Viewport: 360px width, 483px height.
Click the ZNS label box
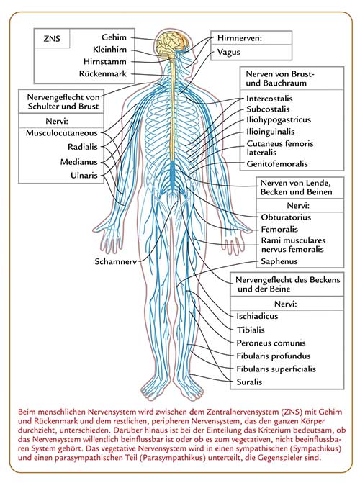52,38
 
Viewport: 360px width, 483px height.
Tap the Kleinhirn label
109,49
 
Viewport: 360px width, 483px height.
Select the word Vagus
229,52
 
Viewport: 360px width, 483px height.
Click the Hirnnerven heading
240,38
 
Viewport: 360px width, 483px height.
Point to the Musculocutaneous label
62,133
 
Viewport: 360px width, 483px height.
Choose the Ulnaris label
84,176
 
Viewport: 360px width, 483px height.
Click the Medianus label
79,162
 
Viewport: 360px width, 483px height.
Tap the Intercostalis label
269,99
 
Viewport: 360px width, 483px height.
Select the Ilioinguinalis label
270,132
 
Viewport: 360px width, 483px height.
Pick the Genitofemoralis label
277,164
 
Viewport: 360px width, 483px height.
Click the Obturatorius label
286,217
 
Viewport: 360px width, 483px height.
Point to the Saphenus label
279,261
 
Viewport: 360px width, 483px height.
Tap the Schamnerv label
116,261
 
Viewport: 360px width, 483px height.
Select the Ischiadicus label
257,316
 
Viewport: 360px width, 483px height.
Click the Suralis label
249,382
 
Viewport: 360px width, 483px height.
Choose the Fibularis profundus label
274,356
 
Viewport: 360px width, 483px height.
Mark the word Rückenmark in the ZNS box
103,74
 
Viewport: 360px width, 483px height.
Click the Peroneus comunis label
271,343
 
